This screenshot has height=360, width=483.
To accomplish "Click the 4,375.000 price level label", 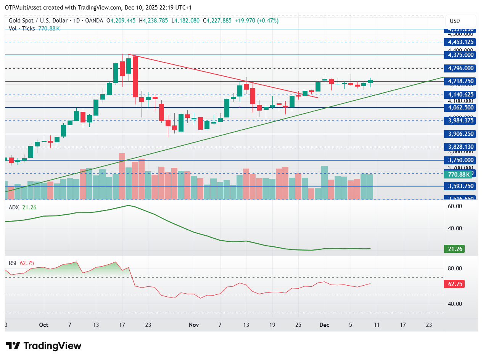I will [461, 55].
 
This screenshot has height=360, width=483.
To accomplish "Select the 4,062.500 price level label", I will [461, 108].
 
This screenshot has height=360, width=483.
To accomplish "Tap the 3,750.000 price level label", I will [461, 160].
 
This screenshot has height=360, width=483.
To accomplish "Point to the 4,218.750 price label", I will [461, 81].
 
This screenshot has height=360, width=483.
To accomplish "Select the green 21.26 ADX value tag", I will [455, 249].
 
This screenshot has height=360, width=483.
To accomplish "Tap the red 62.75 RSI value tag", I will [455, 284].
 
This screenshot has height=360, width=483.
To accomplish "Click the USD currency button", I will [460, 21].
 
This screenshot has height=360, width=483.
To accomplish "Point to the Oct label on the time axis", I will [44, 325].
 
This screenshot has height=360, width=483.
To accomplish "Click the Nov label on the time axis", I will [194, 325].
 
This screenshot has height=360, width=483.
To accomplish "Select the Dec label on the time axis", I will [325, 325].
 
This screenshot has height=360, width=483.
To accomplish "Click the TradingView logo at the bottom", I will [43, 346].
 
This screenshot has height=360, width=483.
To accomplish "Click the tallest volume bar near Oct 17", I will [122, 176].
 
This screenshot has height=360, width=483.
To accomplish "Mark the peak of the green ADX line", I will [129, 206].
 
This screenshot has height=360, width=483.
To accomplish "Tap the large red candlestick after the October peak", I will [135, 77].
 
